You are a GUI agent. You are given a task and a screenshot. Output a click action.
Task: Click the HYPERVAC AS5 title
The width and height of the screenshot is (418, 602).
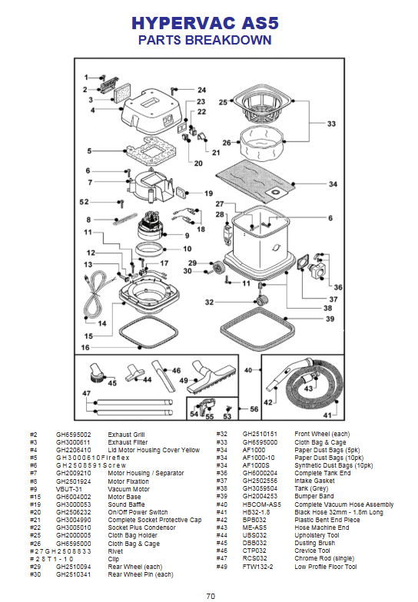click(204, 23)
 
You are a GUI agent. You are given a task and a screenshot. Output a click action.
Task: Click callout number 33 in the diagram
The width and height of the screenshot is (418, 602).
click(331, 124)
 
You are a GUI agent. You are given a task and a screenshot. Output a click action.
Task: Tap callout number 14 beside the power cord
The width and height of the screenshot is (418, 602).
click(101, 323)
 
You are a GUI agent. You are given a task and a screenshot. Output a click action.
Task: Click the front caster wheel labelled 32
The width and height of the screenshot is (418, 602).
click(261, 299)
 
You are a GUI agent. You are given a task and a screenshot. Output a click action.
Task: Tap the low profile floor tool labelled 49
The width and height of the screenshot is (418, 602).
click(211, 378)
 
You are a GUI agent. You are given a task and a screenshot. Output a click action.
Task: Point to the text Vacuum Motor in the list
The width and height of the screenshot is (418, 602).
click(129, 489)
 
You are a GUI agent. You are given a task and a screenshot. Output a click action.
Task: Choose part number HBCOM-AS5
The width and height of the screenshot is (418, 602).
click(261, 504)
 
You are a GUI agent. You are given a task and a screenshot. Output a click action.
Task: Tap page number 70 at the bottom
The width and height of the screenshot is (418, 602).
click(211, 596)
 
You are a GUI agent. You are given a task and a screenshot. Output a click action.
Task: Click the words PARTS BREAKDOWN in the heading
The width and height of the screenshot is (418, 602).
click(204, 40)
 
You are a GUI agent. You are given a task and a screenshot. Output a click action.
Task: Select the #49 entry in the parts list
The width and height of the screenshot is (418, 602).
click(221, 567)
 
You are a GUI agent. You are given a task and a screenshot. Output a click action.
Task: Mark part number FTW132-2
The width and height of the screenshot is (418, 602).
click(258, 567)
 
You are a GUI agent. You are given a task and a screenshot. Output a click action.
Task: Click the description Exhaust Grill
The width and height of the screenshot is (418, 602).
click(126, 435)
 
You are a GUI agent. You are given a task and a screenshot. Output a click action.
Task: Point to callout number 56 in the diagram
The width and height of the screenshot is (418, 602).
click(254, 409)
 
